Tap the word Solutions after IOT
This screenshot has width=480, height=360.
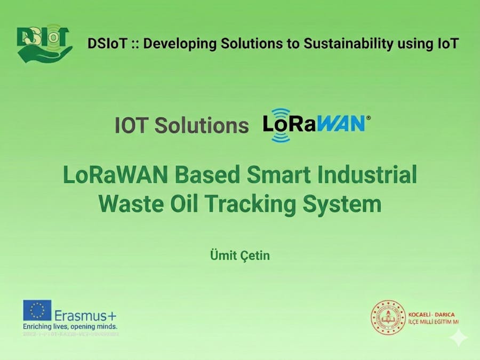(202, 125)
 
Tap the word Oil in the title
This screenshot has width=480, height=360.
(185, 204)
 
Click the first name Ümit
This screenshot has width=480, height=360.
(224, 255)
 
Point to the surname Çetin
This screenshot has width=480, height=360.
(255, 255)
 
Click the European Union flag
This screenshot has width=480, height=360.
(37, 310)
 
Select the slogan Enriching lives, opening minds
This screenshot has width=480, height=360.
(69, 326)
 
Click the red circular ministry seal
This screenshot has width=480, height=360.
(388, 317)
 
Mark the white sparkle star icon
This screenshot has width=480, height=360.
(458, 337)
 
